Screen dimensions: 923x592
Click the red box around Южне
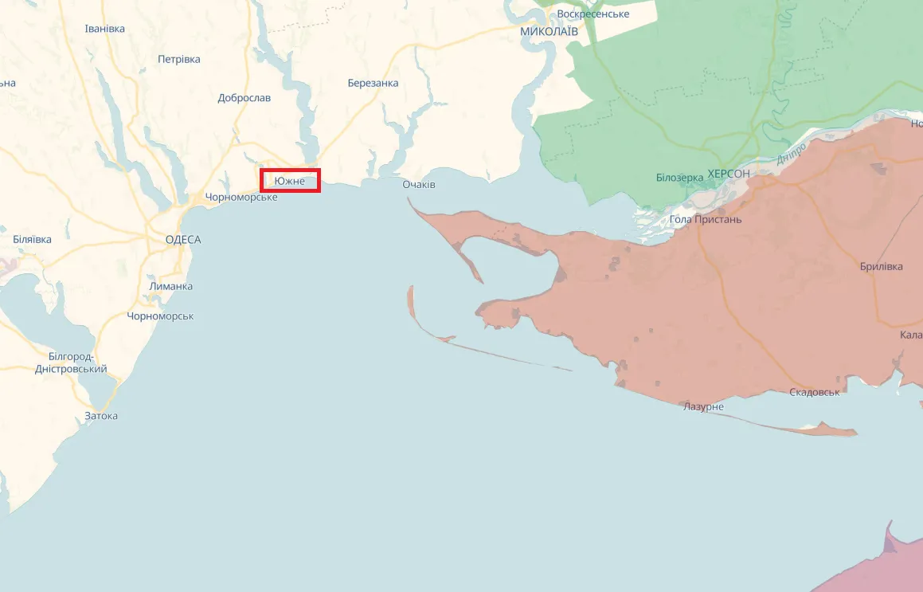pos(291,181)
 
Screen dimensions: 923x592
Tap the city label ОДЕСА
pos(183,240)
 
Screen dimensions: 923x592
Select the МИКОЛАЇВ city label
pos(549,31)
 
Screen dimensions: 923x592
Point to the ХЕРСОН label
pos(728,174)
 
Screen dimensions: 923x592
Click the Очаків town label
pos(419,185)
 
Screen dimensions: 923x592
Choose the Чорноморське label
pos(241,198)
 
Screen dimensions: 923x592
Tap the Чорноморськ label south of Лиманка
pos(160,316)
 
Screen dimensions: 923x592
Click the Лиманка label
pos(170,287)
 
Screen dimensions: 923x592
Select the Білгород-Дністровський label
pos(71,363)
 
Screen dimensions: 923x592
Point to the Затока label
pos(101,416)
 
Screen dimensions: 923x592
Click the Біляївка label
pos(33,240)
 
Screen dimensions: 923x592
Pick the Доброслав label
pos(244,98)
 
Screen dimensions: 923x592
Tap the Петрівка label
pos(179,59)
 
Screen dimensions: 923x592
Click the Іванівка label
pos(105,29)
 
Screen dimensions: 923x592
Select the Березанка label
pos(374,83)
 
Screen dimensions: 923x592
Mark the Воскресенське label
pos(593,14)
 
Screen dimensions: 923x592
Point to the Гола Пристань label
pos(706,219)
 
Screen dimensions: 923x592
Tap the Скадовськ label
pos(815,393)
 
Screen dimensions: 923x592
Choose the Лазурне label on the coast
pos(704,407)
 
